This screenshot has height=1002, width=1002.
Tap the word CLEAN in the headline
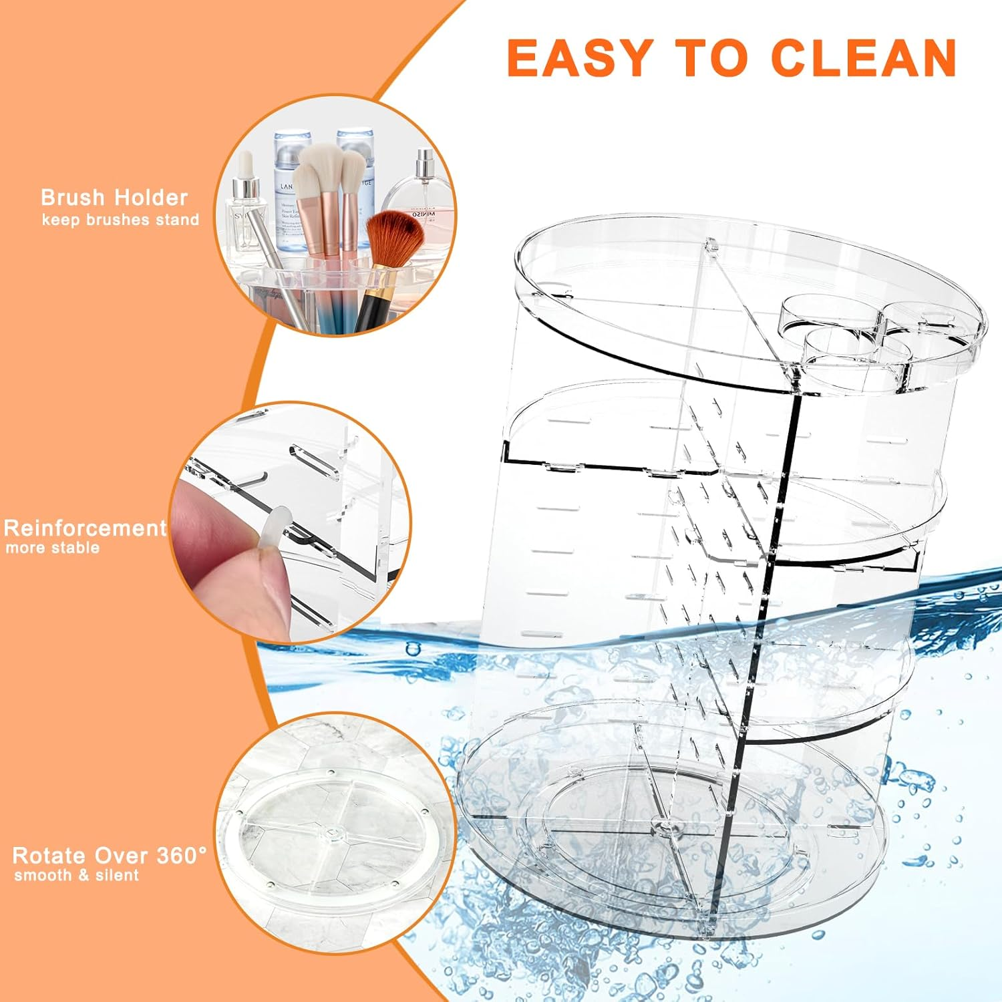(x=864, y=57)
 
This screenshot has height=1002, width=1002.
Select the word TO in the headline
(x=711, y=57)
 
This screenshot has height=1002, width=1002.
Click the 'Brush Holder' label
(x=114, y=198)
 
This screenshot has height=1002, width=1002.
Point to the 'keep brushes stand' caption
(x=120, y=220)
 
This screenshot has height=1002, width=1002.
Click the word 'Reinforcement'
(x=85, y=528)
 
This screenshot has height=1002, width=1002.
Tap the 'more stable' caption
(x=53, y=548)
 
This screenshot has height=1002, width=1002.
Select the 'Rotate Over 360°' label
(x=110, y=856)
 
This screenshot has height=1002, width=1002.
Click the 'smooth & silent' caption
(x=76, y=876)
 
